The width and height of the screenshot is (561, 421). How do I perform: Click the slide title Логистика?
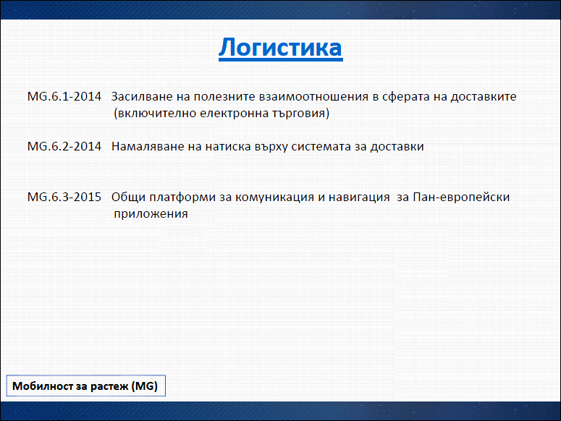pyautogui.click(x=281, y=48)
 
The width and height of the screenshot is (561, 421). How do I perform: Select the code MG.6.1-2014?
pyautogui.click(x=64, y=96)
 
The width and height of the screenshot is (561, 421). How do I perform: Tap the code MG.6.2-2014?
pyautogui.click(x=64, y=147)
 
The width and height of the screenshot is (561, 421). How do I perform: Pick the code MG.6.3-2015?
pyautogui.click(x=64, y=197)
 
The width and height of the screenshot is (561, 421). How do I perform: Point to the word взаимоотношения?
pyautogui.click(x=313, y=96)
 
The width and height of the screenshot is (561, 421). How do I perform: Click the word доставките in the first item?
pyautogui.click(x=484, y=97)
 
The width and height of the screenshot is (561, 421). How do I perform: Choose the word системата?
pyautogui.click(x=321, y=147)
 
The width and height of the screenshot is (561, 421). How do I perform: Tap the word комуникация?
pyautogui.click(x=274, y=197)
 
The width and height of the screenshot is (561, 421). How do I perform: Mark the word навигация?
pyautogui.click(x=359, y=197)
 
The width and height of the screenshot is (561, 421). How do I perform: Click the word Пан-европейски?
pyautogui.click(x=461, y=197)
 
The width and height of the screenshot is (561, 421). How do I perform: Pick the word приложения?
pyautogui.click(x=151, y=214)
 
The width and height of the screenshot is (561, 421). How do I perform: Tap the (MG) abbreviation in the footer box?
pyautogui.click(x=144, y=386)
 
